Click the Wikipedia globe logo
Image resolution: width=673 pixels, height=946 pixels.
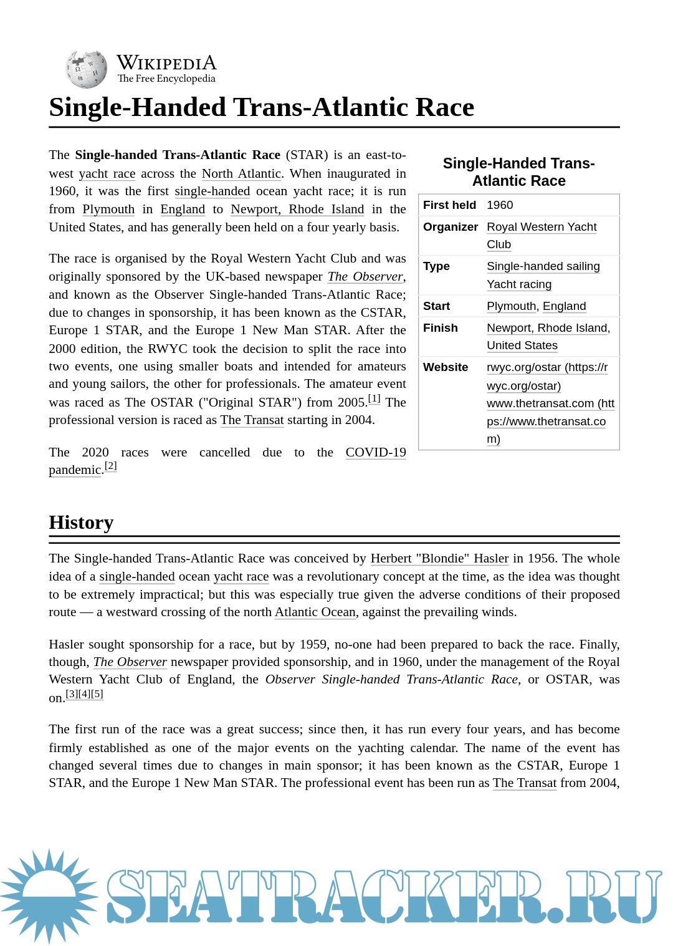tap(87, 69)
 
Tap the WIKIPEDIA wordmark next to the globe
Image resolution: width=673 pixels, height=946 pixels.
tap(166, 63)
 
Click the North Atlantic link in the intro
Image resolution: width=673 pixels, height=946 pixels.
tap(241, 174)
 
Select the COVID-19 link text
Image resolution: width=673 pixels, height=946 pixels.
tap(376, 452)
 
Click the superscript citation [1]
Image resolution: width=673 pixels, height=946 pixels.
tap(374, 398)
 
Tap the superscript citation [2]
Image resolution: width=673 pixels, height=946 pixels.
tap(111, 466)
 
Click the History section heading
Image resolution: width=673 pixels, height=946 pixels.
tap(81, 523)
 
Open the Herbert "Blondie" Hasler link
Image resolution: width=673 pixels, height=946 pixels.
tap(439, 559)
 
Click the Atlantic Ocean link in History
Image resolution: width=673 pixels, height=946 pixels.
tap(315, 612)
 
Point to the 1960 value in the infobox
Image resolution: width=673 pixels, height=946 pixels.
tap(500, 205)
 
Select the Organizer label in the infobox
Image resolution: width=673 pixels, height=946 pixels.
tap(450, 227)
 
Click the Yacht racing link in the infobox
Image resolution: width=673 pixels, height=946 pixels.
tap(519, 284)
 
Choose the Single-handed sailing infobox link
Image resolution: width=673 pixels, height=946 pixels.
tap(543, 266)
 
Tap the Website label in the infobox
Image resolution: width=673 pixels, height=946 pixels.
tap(445, 367)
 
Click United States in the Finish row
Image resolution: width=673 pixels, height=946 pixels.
tap(522, 345)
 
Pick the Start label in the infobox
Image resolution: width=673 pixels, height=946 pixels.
tap(436, 306)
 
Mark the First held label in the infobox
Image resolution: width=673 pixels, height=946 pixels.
tap(449, 205)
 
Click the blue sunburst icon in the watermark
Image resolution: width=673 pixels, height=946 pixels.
tap(49, 895)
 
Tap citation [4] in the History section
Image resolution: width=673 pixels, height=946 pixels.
tap(84, 694)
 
